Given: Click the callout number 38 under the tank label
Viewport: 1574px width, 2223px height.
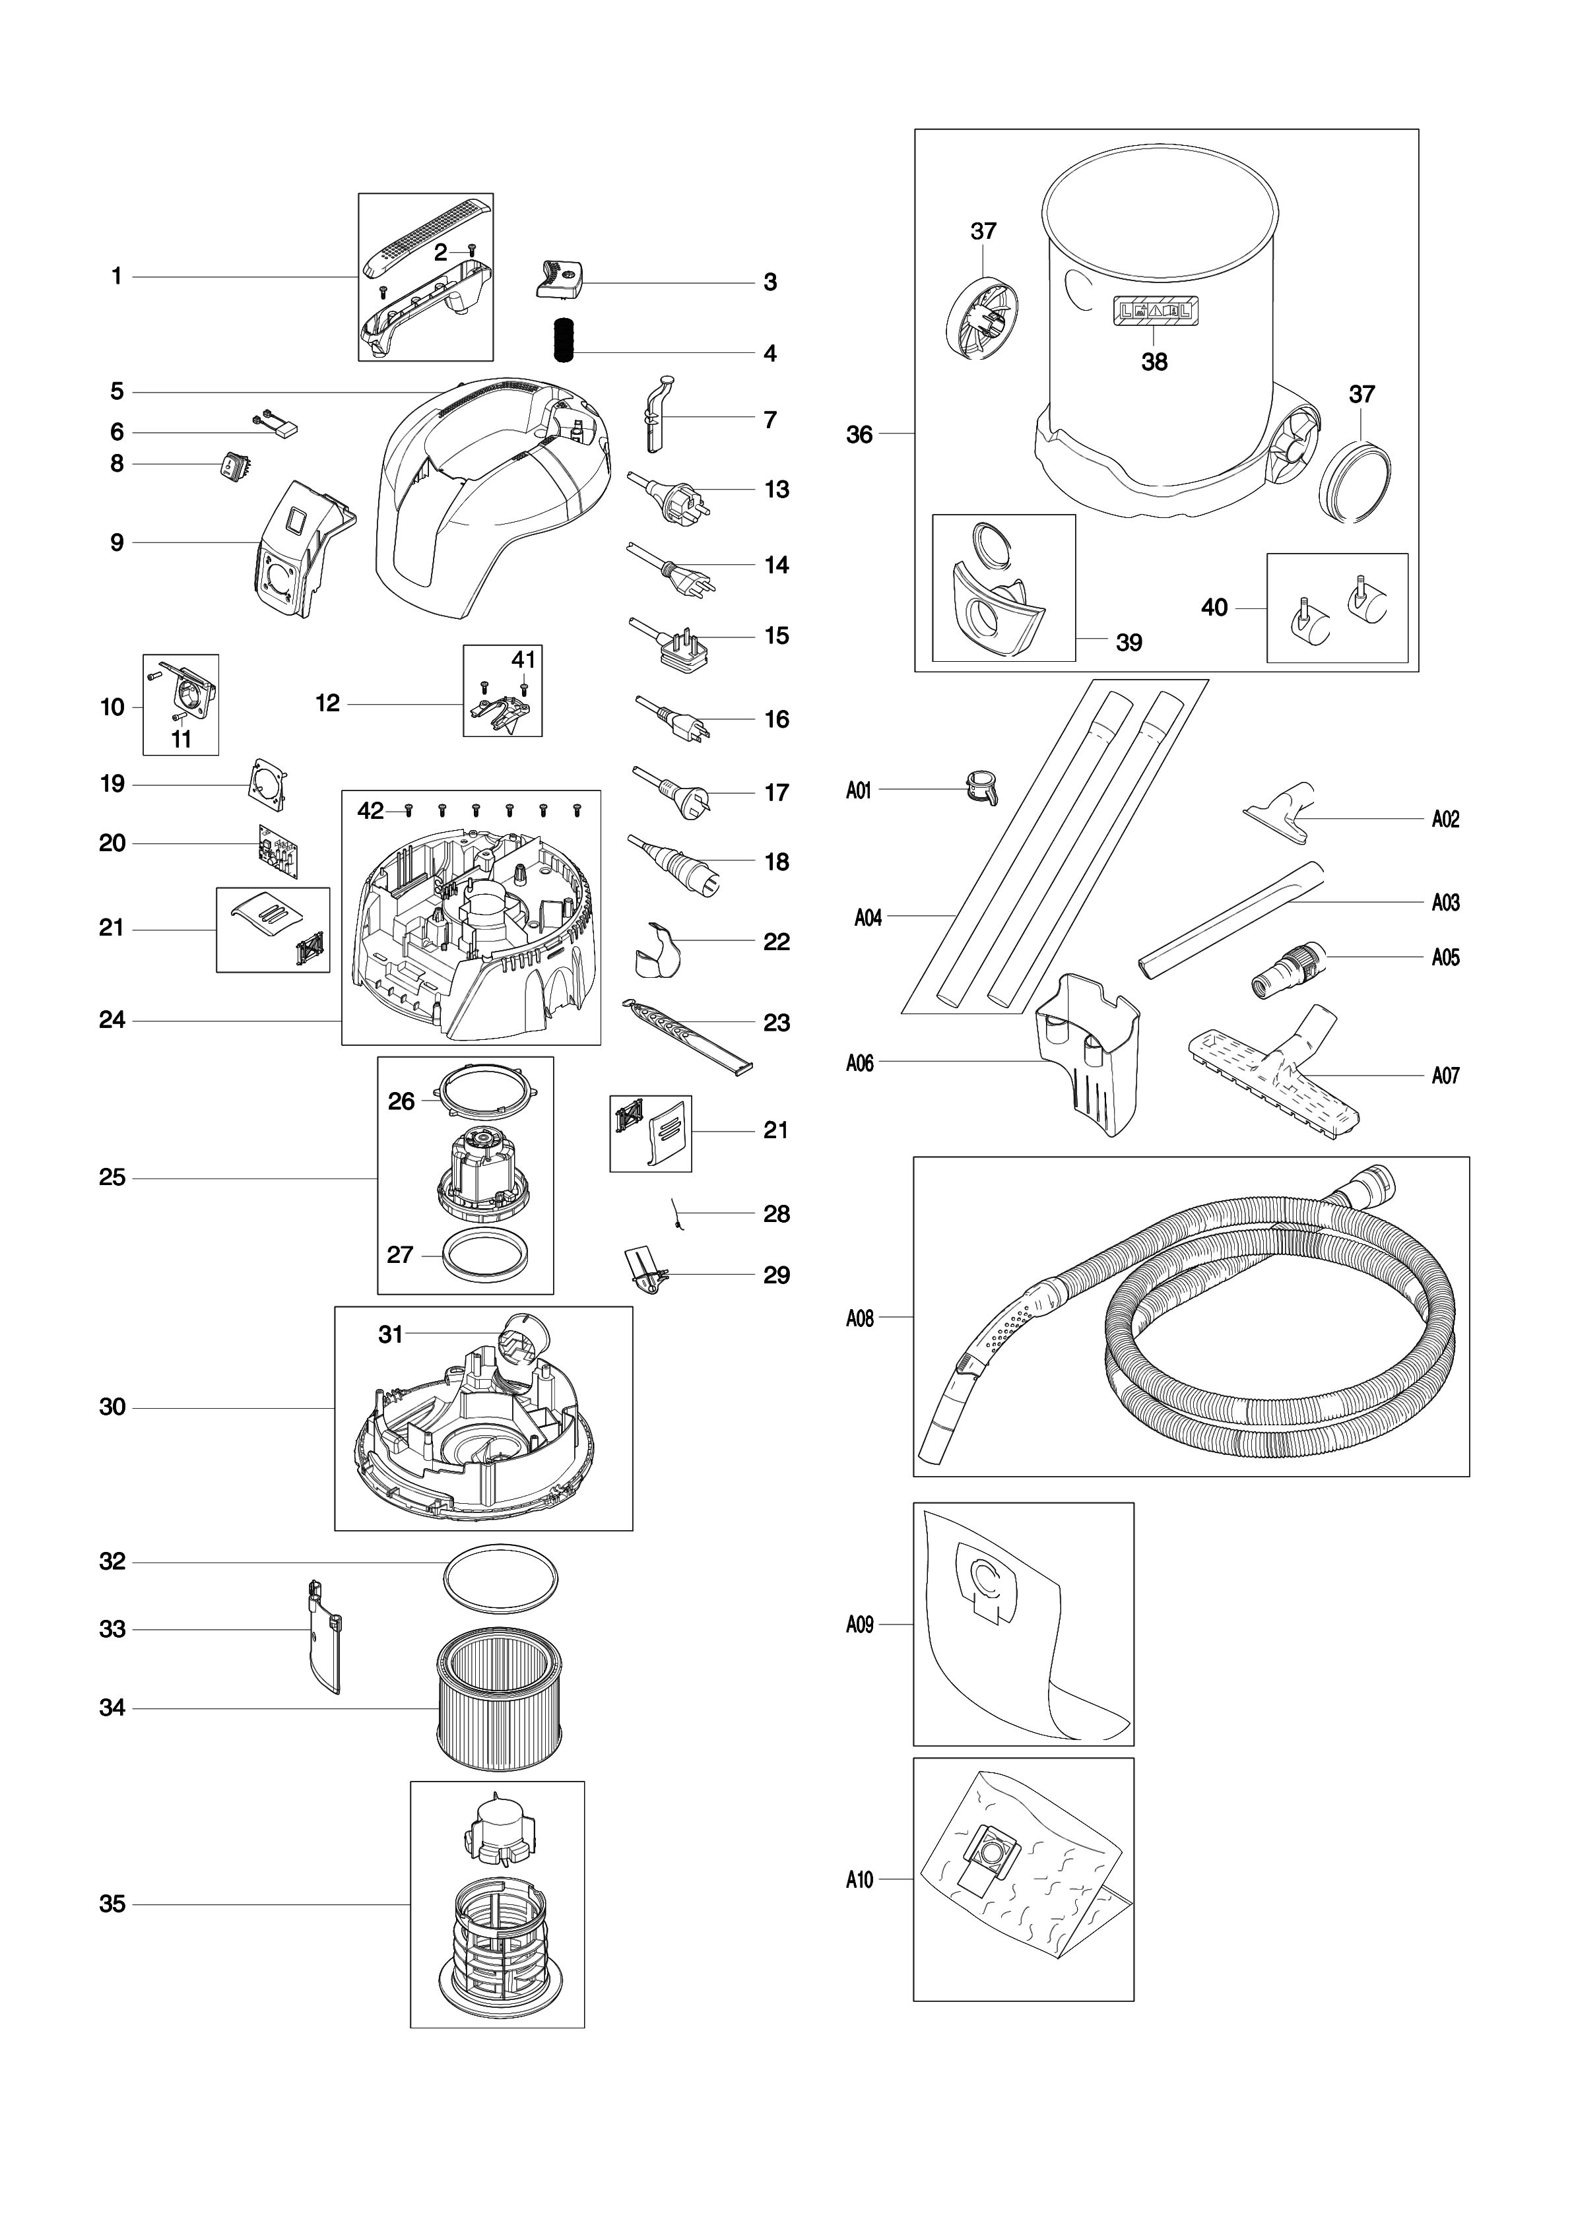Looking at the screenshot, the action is click(x=1154, y=362).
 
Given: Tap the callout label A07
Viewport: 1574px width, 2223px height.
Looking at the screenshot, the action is click(x=1445, y=1075).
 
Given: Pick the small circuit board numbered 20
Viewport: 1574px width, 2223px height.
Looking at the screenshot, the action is click(x=278, y=851).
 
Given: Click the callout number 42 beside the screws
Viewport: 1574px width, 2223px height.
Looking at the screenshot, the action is click(x=371, y=811).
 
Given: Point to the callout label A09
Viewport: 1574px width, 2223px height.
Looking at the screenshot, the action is click(x=860, y=1624).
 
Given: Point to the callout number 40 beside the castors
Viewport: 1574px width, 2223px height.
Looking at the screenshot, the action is click(x=1214, y=608).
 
